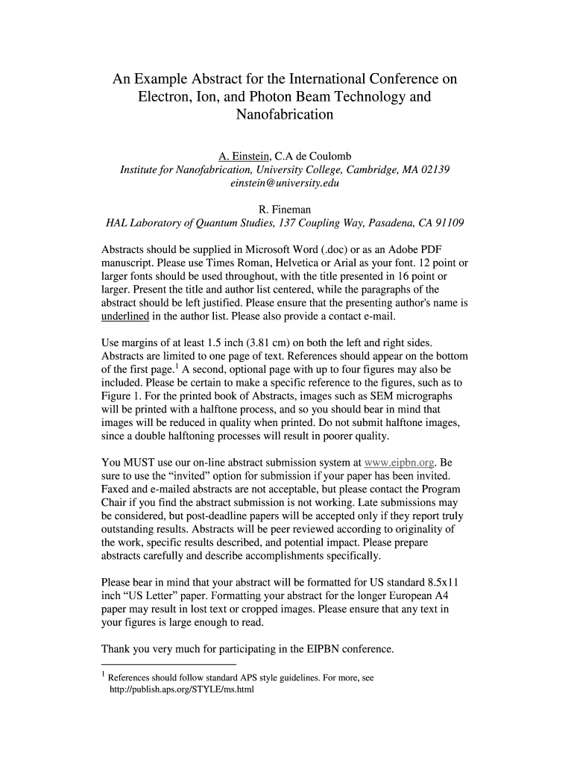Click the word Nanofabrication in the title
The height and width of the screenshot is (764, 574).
pyautogui.click(x=285, y=116)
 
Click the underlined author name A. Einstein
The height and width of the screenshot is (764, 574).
pyautogui.click(x=244, y=156)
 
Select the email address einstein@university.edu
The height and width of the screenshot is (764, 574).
pyautogui.click(x=285, y=183)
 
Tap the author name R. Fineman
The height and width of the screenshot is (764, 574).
pyautogui.click(x=285, y=210)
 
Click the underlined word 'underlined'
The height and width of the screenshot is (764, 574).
pyautogui.click(x=125, y=316)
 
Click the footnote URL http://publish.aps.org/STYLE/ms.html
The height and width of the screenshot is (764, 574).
pyautogui.click(x=182, y=689)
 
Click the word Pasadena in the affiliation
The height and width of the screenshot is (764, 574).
pyautogui.click(x=379, y=223)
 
